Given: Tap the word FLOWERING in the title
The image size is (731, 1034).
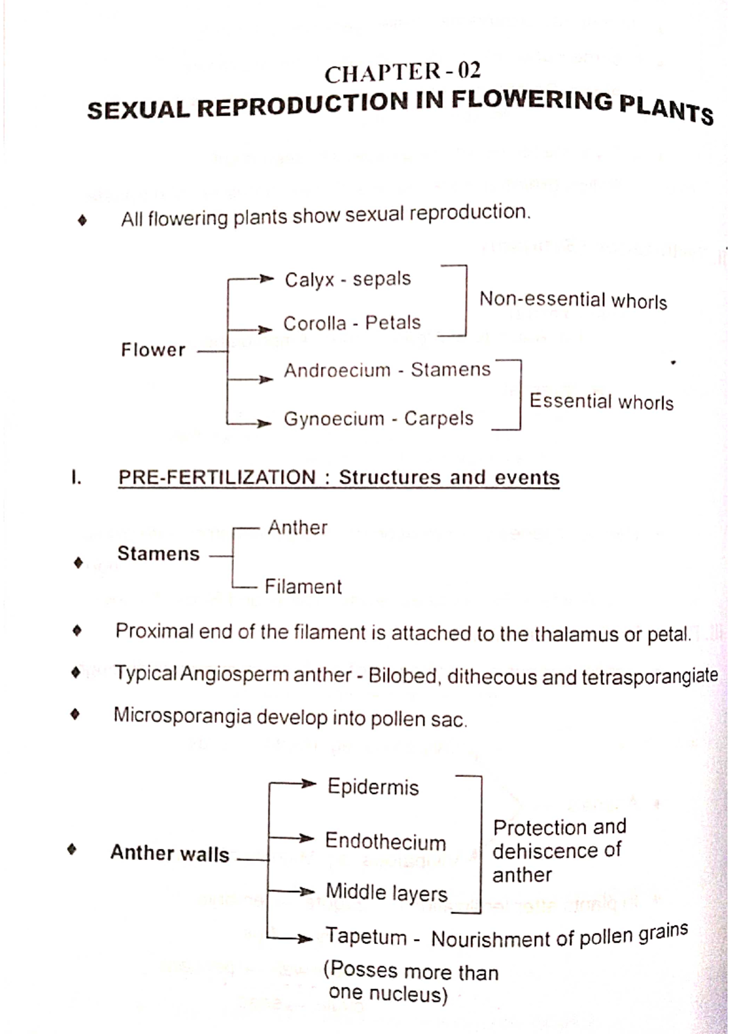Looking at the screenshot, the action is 532,101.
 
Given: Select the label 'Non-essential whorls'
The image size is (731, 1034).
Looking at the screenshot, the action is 573,300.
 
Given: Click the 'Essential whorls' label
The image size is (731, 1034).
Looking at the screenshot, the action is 601,401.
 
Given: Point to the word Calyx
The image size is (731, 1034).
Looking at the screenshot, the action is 309,280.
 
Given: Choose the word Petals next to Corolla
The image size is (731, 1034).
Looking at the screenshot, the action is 393,323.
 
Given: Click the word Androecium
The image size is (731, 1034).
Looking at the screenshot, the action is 337,370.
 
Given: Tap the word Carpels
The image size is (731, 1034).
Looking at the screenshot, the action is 439,418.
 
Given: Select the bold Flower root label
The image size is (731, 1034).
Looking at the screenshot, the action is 153,350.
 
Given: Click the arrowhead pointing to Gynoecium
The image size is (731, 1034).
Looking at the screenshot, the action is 264,423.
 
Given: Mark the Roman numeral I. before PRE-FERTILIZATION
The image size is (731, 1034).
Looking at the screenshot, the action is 76,477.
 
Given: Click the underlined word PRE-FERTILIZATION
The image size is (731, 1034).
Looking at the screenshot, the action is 217,477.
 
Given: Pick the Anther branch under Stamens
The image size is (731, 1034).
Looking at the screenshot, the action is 297,527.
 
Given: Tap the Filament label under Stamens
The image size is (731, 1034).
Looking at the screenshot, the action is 303,586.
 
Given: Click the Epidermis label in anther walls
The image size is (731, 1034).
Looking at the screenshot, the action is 373,787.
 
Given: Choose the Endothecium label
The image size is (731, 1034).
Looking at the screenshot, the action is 385,842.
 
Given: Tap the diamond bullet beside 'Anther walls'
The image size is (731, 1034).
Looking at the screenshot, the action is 72,849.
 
